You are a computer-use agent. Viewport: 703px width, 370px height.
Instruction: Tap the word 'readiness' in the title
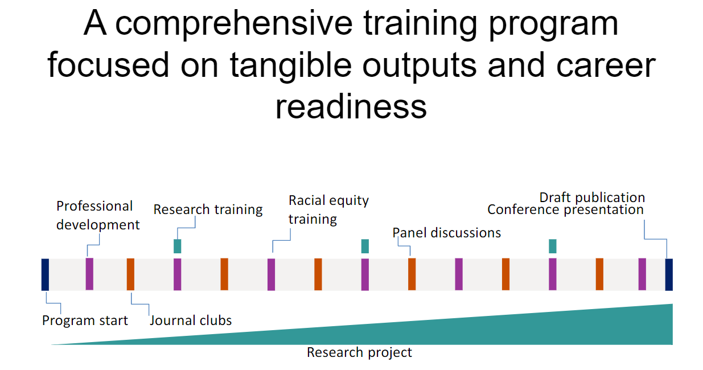[x=351, y=106]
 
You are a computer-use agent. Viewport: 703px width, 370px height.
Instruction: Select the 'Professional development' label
[x=97, y=215]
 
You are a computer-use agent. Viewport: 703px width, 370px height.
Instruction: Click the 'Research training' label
[x=208, y=209]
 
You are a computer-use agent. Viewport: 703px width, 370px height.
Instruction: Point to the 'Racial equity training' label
[x=328, y=209]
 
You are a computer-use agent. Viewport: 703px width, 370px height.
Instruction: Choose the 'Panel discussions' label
[x=447, y=232]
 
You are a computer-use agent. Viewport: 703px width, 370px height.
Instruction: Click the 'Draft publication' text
[x=592, y=198]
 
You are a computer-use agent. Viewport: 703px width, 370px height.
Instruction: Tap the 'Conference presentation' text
[x=565, y=209]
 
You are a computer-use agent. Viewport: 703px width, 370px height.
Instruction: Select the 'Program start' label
[x=85, y=320]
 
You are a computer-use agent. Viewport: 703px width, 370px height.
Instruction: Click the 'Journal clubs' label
[x=191, y=320]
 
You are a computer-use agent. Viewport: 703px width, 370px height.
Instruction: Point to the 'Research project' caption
[x=359, y=352]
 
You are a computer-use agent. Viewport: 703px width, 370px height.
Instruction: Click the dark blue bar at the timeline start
[x=46, y=274]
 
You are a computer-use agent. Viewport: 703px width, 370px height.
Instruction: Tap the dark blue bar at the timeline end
[x=669, y=274]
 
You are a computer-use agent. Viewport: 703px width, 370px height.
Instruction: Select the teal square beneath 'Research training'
[x=178, y=246]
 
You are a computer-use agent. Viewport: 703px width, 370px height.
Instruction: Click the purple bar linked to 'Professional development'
[x=89, y=274]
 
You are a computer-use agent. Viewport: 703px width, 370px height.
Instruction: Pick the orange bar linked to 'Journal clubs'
[x=130, y=274]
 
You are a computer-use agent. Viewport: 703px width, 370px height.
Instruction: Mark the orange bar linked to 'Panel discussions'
[x=412, y=274]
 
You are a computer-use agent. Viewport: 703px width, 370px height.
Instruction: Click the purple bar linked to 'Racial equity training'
[x=272, y=274]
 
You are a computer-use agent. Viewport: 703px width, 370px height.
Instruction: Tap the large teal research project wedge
[x=569, y=330]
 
